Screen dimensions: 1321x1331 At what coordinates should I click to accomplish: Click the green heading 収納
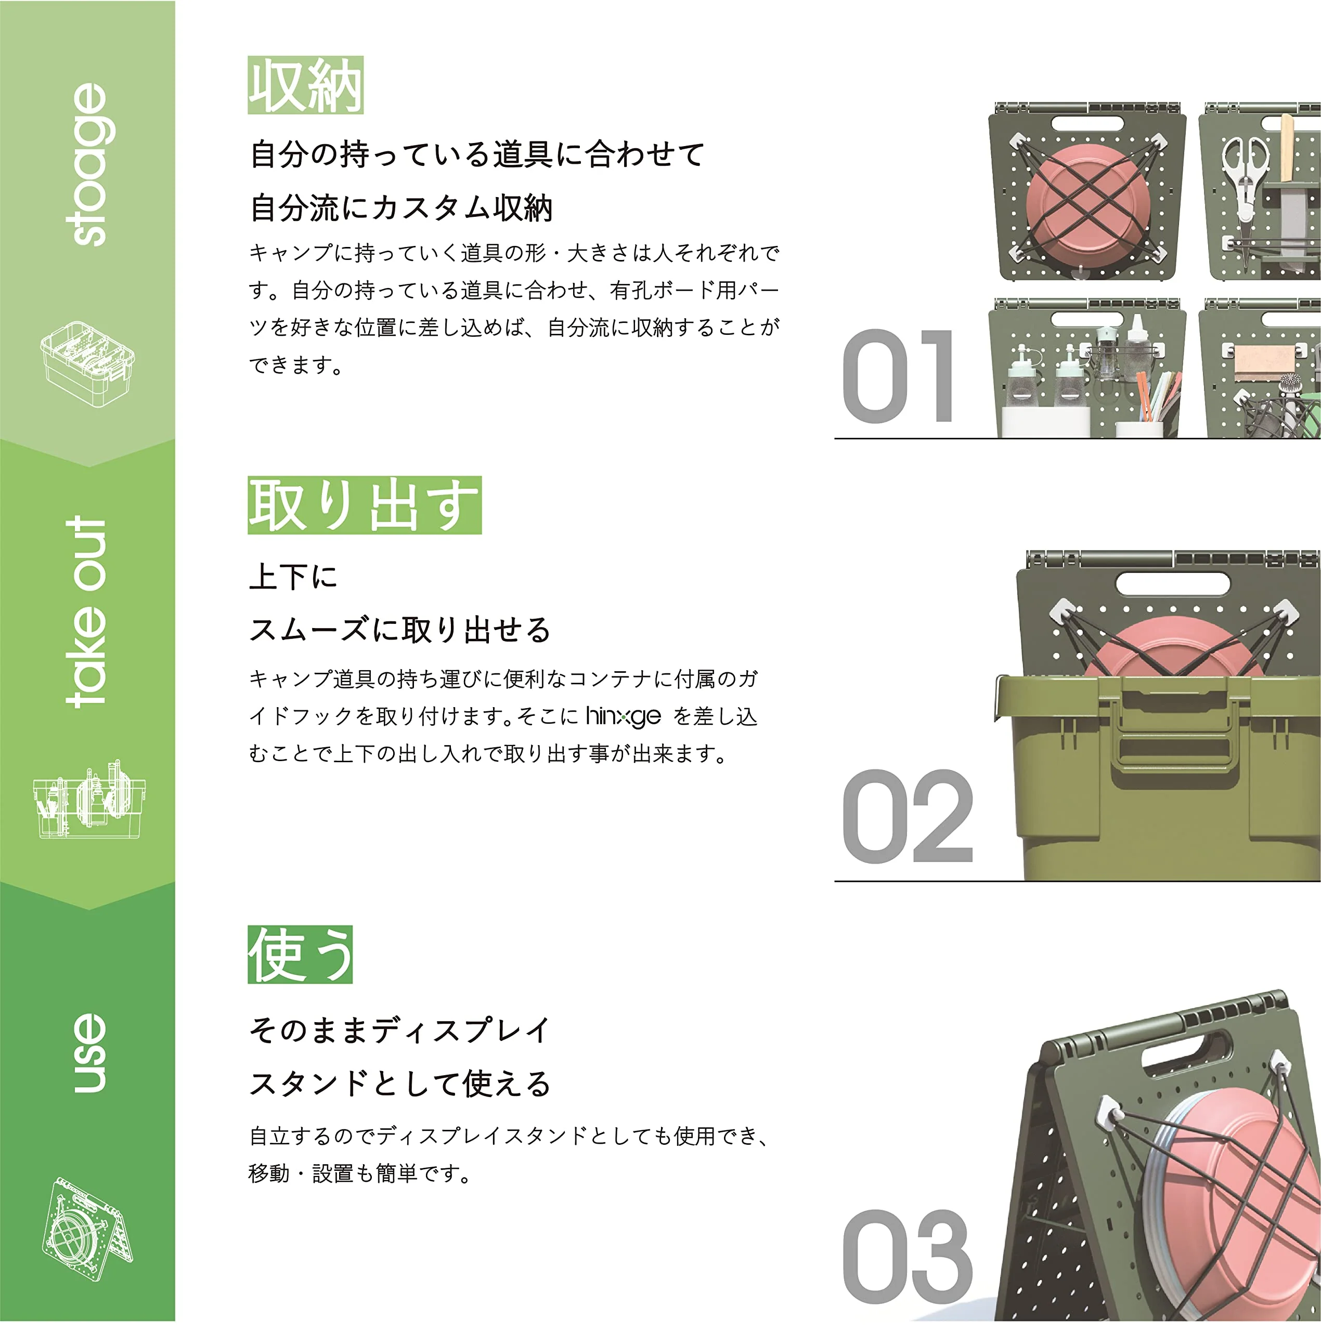point(305,85)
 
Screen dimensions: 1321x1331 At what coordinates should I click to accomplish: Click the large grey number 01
point(898,376)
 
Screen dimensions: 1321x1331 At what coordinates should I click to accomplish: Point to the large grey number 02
point(908,816)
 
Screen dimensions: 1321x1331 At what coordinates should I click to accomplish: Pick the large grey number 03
point(907,1257)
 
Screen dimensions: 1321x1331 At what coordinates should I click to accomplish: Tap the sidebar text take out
point(87,612)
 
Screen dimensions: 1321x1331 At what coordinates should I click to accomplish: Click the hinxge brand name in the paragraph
point(623,716)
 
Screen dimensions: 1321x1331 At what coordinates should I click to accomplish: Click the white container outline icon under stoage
point(87,364)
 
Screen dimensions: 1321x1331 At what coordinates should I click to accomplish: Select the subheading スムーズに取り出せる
point(399,630)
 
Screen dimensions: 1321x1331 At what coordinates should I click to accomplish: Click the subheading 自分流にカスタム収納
point(401,208)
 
